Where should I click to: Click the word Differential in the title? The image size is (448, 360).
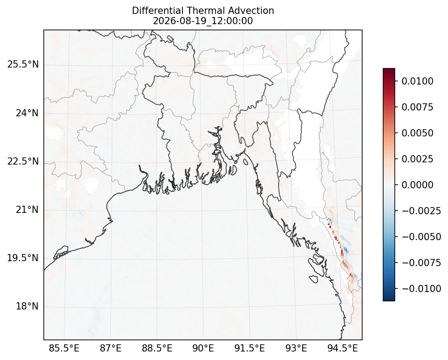click(x=158, y=11)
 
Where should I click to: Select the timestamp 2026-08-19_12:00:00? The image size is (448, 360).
click(x=203, y=21)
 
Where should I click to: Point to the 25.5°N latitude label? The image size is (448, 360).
click(x=23, y=64)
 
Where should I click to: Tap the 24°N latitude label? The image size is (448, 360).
click(x=27, y=113)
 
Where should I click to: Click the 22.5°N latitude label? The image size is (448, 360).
click(x=23, y=161)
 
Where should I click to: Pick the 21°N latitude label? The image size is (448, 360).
click(x=27, y=210)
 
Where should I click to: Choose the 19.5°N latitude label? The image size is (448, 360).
click(x=23, y=258)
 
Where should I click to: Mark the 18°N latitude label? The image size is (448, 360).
click(x=27, y=306)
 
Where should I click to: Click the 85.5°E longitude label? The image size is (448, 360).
click(x=64, y=348)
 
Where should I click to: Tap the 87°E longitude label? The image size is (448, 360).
click(x=110, y=348)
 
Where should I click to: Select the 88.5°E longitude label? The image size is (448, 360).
click(x=157, y=348)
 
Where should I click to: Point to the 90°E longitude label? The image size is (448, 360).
click(x=203, y=348)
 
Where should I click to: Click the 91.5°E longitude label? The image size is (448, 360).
click(x=250, y=348)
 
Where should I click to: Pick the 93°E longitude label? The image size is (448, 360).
click(x=296, y=348)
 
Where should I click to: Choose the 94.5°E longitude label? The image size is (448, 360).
click(x=342, y=348)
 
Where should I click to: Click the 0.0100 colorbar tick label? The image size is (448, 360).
click(x=418, y=81)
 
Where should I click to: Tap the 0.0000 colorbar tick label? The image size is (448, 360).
click(x=418, y=185)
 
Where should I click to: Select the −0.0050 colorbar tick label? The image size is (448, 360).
click(x=422, y=237)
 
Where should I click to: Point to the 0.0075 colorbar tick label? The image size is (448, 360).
click(x=418, y=107)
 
